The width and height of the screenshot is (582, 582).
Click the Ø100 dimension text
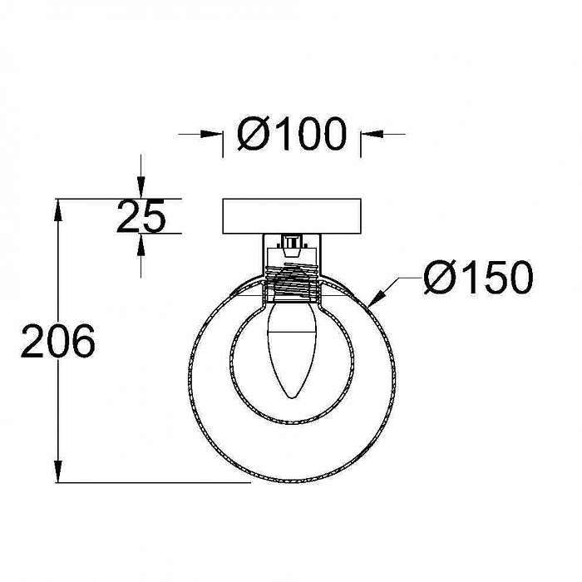click(292, 134)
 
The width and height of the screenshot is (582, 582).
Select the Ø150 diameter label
click(478, 277)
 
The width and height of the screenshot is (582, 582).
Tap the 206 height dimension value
click(58, 341)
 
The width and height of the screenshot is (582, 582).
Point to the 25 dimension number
click(141, 216)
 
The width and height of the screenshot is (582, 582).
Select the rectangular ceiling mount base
click(292, 216)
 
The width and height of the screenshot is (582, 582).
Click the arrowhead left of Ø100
click(211, 134)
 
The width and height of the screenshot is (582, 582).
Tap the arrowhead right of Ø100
click(372, 134)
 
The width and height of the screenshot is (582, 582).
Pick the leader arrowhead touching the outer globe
click(376, 298)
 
